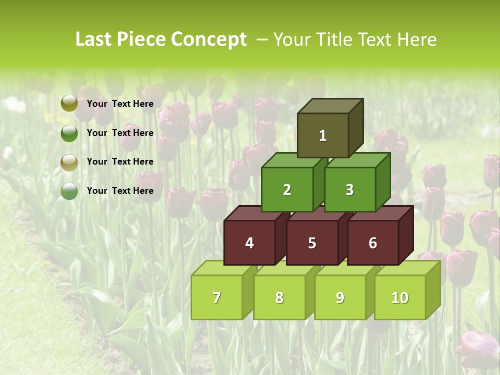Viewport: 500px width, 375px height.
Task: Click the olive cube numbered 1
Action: [x=323, y=135]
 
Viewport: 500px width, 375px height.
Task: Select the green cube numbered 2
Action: [x=287, y=190]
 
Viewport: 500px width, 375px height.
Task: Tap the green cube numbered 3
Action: [x=349, y=190]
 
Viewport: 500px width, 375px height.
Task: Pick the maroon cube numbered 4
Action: [x=249, y=243]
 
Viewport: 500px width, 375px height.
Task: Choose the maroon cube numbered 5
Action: [x=312, y=243]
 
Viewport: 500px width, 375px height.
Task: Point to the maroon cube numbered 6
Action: [x=373, y=243]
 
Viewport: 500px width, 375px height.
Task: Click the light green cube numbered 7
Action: [x=217, y=297]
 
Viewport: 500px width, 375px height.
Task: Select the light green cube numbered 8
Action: [x=279, y=297]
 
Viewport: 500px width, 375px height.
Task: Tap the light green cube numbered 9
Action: [x=340, y=297]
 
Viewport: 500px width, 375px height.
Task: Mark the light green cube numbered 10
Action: [x=400, y=297]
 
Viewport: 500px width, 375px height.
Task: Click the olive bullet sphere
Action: [x=69, y=104]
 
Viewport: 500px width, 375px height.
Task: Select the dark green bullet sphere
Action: [x=69, y=133]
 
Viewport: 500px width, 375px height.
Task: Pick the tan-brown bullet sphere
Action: [x=69, y=162]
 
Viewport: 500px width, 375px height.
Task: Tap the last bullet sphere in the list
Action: [x=69, y=191]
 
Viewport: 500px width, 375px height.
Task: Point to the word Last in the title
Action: [x=94, y=40]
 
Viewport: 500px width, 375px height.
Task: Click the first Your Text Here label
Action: [x=120, y=104]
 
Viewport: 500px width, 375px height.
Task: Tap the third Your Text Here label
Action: [x=120, y=161]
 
